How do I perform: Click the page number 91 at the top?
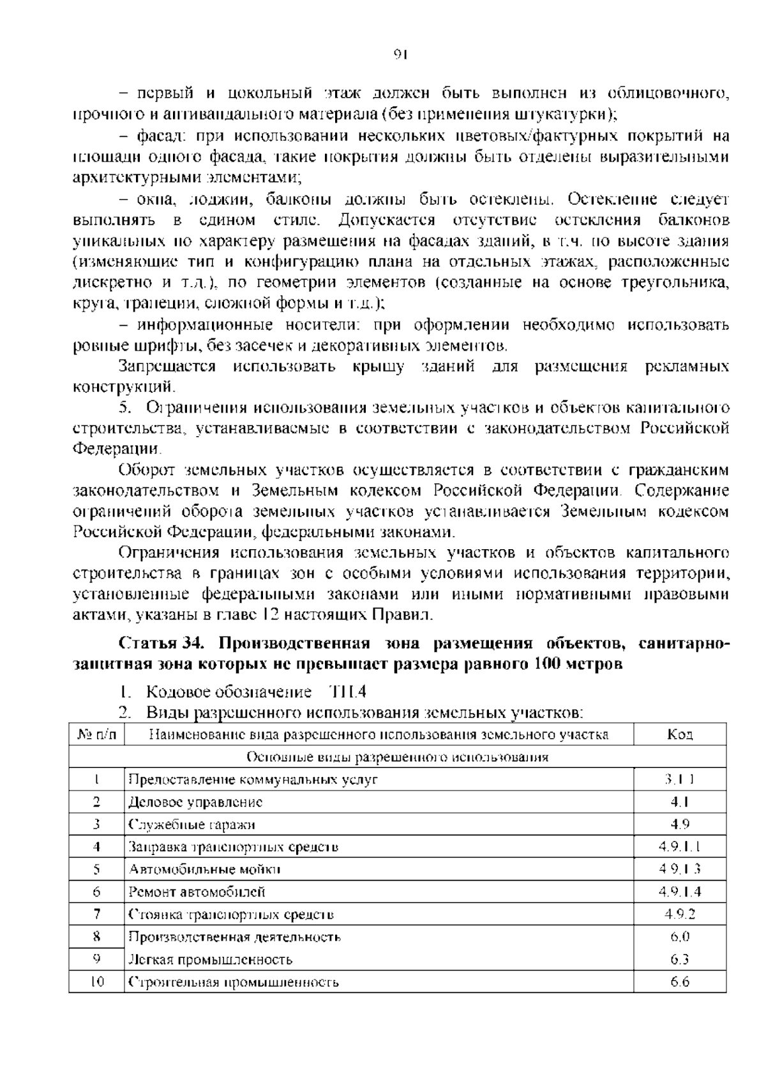pyautogui.click(x=400, y=54)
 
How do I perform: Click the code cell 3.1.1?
pyautogui.click(x=679, y=778)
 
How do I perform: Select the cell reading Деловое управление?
pyautogui.click(x=195, y=801)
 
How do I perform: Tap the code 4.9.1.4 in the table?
pyautogui.click(x=680, y=891)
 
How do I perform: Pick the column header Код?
pyautogui.click(x=680, y=734)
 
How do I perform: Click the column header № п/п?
pyautogui.click(x=97, y=734)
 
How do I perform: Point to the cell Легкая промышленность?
pyautogui.click(x=211, y=959)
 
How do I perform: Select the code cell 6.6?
pyautogui.click(x=680, y=981)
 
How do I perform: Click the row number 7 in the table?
pyautogui.click(x=97, y=914)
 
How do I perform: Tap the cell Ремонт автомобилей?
pyautogui.click(x=197, y=891)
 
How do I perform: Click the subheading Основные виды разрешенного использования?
pyautogui.click(x=397, y=757)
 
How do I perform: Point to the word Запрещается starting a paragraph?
pyautogui.click(x=167, y=367)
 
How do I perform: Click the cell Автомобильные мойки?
pyautogui.click(x=204, y=869)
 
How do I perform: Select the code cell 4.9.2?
pyautogui.click(x=680, y=914)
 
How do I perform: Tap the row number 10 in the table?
pyautogui.click(x=97, y=981)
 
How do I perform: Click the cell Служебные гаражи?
pyautogui.click(x=191, y=824)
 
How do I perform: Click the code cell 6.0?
pyautogui.click(x=680, y=937)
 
